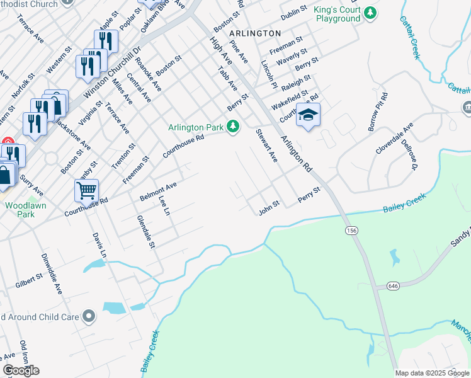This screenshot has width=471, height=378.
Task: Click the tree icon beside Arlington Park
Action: tap(234, 127)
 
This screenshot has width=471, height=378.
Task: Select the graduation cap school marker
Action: tap(308, 115)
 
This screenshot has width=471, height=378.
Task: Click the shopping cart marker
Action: tap(86, 189)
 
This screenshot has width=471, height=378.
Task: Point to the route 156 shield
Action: tap(351, 232)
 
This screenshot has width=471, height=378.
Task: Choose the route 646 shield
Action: tap(394, 286)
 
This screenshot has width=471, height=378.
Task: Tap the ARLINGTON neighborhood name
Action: tap(255, 33)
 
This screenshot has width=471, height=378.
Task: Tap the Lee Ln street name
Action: tap(164, 206)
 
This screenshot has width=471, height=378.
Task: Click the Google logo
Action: tap(20, 370)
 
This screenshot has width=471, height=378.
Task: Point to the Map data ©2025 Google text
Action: tap(431, 373)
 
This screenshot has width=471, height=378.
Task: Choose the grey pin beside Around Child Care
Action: tap(89, 316)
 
